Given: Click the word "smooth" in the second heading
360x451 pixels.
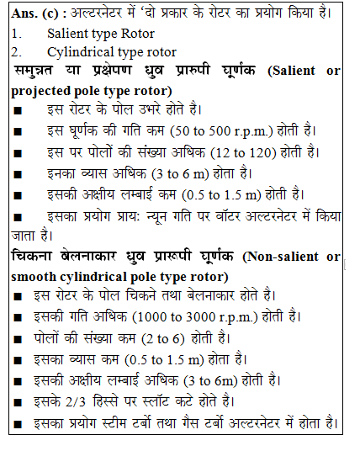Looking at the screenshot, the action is point(35,275).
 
